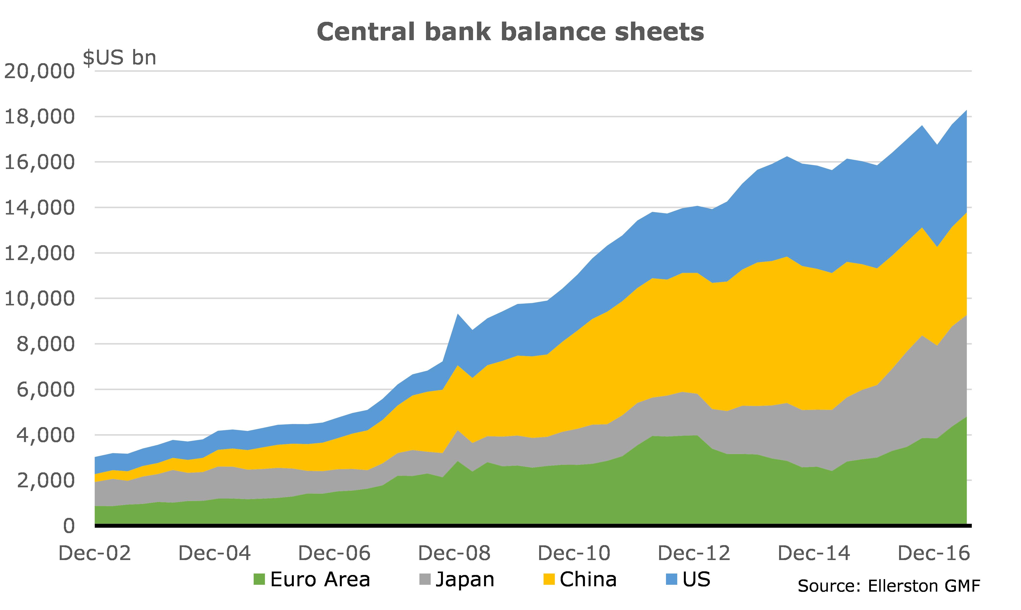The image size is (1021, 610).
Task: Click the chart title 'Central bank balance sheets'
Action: (x=510, y=32)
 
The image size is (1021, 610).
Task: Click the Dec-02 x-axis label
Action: (x=95, y=553)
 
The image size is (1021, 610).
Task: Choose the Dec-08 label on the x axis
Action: (x=454, y=553)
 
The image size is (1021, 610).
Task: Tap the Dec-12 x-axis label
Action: (x=694, y=553)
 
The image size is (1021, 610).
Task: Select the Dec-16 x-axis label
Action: (x=934, y=553)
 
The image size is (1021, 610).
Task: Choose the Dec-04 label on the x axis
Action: (x=214, y=553)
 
